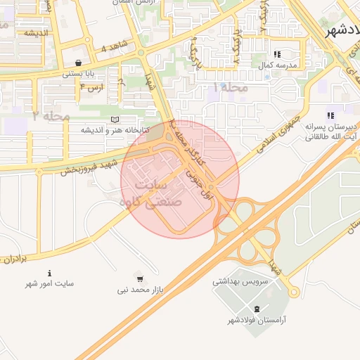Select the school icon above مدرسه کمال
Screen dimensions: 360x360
(278, 54)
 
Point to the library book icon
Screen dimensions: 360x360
(115, 120)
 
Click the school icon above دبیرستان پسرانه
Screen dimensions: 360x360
(329, 115)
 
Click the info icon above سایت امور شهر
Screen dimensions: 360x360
(49, 273)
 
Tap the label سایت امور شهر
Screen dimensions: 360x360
(49, 283)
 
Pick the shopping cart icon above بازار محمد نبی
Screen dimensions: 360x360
(139, 278)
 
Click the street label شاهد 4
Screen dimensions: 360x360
(114, 48)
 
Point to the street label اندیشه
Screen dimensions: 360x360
(36, 33)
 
